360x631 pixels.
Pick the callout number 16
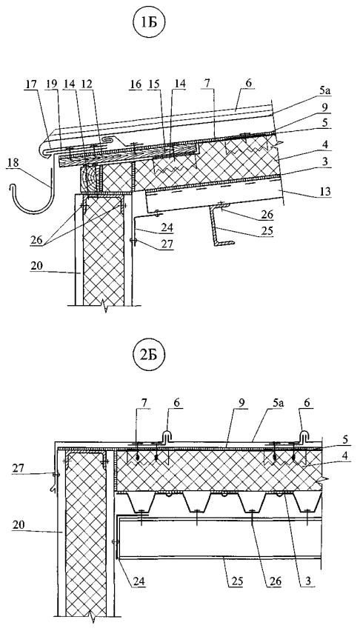136,84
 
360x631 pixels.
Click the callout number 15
155,84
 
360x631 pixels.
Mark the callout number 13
325,192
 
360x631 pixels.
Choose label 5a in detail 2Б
256,403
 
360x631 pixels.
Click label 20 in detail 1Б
37,267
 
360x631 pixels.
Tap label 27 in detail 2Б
17,467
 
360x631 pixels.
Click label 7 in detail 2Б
145,403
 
